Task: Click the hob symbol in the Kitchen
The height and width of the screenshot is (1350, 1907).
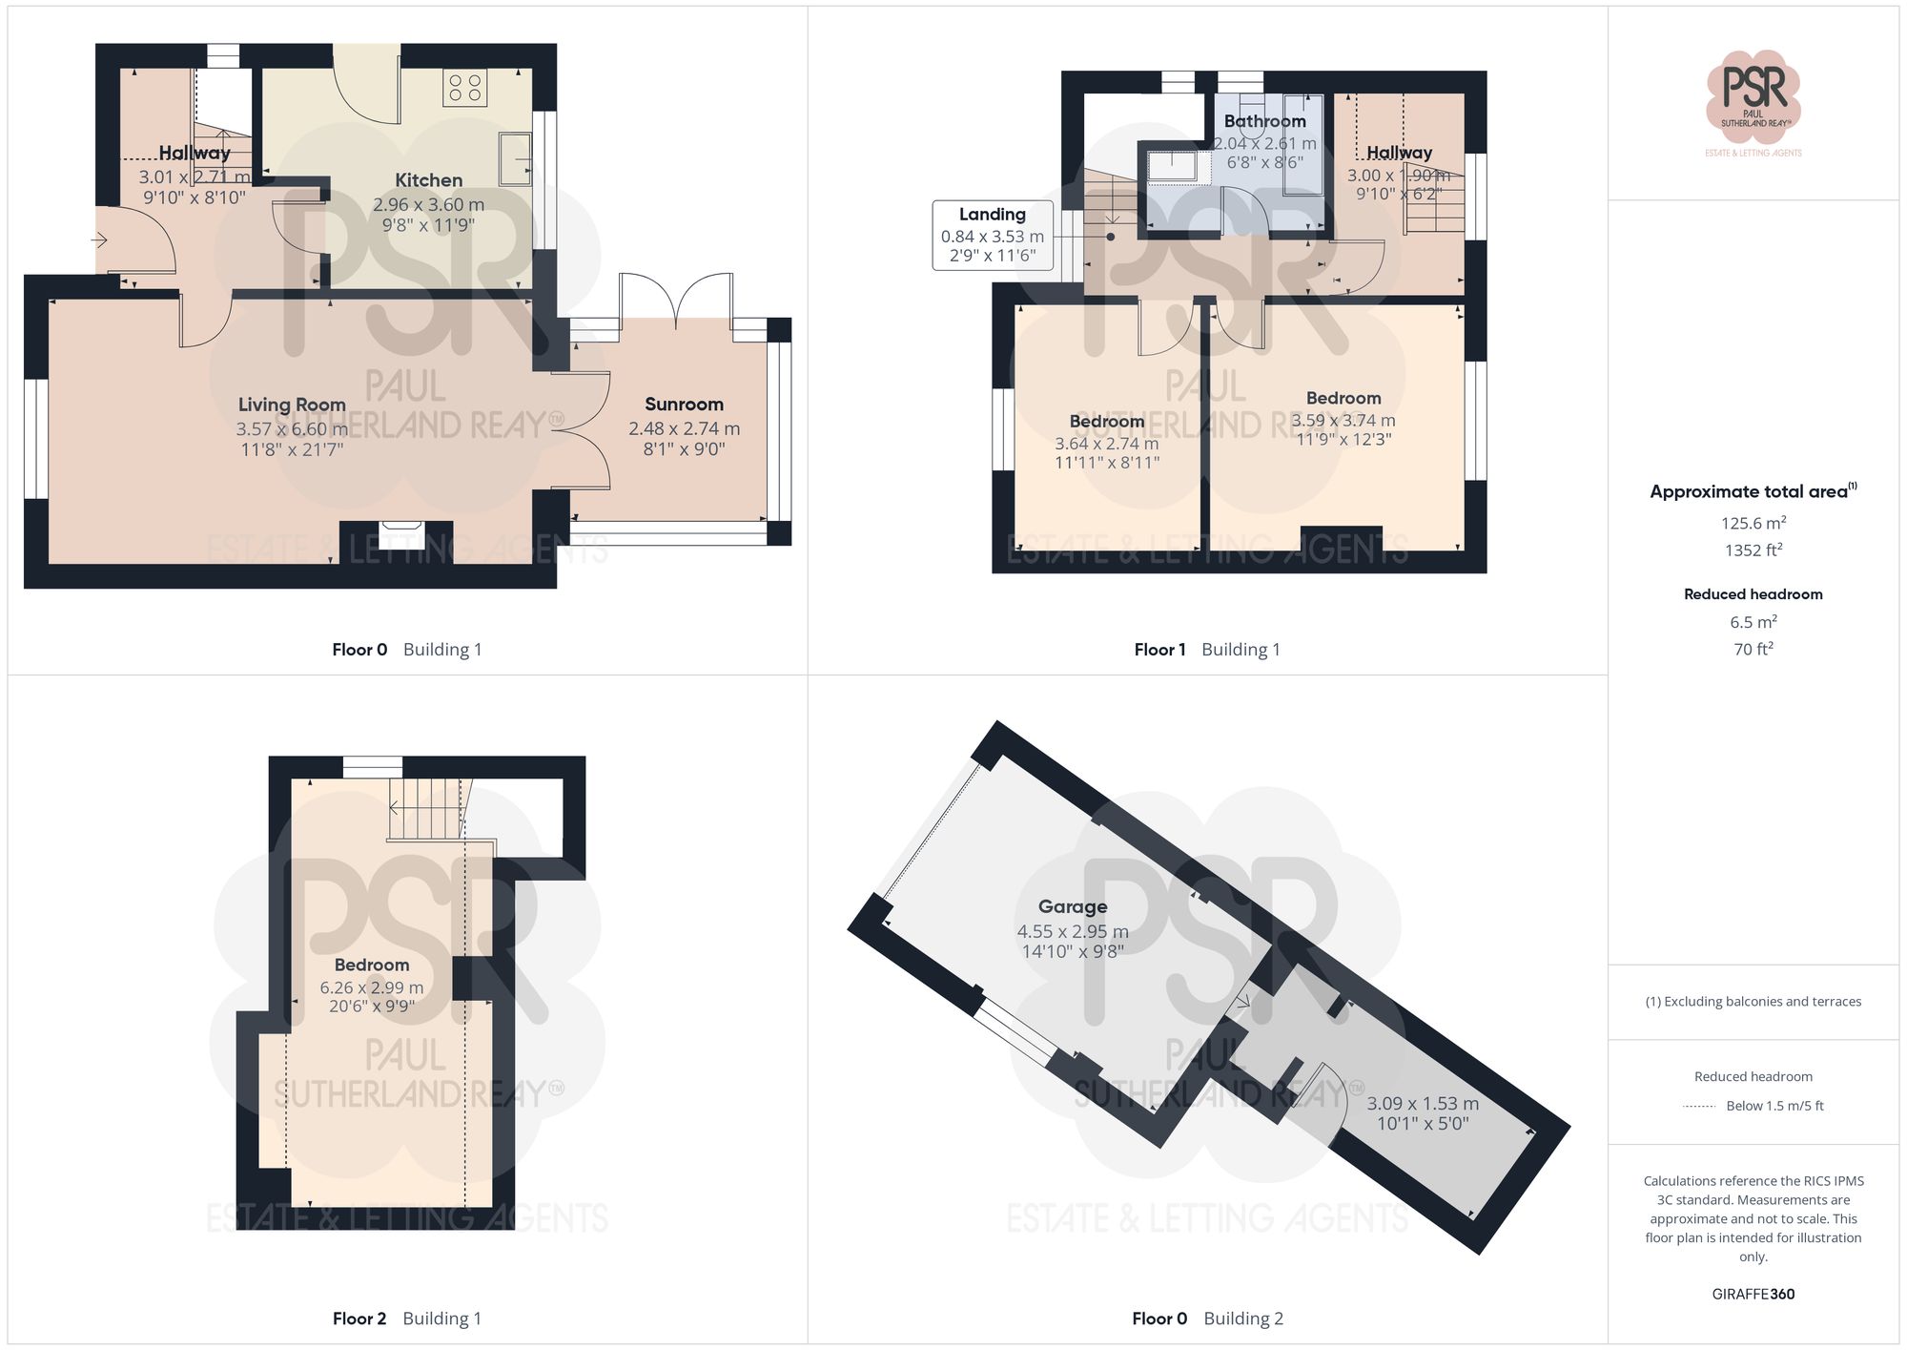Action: click(464, 89)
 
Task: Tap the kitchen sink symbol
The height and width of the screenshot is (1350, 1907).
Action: click(516, 158)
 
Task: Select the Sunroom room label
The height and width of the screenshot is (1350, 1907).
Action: click(684, 405)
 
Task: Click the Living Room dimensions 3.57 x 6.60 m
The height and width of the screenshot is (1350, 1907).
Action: click(292, 429)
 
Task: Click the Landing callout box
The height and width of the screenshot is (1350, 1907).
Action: click(993, 235)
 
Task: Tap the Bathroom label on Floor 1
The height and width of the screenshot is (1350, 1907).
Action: click(1264, 121)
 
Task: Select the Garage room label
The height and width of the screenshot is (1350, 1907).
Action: click(1073, 906)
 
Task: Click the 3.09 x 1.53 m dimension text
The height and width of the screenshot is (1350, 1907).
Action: click(1423, 1103)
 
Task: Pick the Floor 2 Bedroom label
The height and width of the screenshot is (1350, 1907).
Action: click(372, 965)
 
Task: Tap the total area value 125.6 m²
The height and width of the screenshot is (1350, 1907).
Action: click(1753, 523)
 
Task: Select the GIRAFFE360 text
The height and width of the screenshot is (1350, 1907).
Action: click(1753, 1294)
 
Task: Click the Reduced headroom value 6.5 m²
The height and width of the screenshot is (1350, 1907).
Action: click(1753, 622)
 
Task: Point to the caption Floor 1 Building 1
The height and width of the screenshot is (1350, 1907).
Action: click(1206, 650)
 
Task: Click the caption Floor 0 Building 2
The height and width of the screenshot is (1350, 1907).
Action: click(1206, 1319)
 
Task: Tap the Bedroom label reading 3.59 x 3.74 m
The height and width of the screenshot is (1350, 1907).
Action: click(1343, 398)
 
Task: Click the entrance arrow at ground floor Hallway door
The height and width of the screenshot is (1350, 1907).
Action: click(99, 240)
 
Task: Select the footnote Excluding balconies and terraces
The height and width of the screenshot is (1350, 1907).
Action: click(1753, 1001)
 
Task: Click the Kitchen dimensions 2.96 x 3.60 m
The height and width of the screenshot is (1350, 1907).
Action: click(428, 204)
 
